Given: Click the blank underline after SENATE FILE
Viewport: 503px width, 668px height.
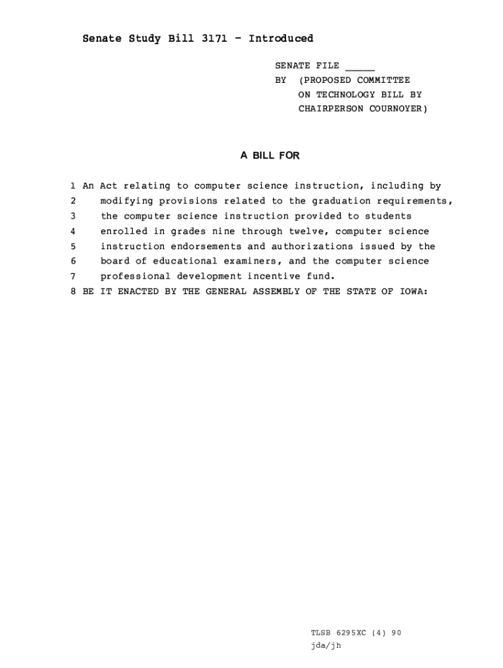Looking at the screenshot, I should (x=360, y=66).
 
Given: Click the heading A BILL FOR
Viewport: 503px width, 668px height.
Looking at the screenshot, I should (x=270, y=156).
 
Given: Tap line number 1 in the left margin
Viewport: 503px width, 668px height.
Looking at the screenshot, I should (x=73, y=187).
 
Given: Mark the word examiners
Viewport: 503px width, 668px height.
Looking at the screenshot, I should (x=252, y=261).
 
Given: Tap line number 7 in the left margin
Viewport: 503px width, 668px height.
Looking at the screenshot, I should (x=73, y=276).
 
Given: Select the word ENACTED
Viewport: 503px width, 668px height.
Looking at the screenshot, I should (x=140, y=292).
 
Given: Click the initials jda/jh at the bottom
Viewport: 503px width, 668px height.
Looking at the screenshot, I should (x=326, y=646).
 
